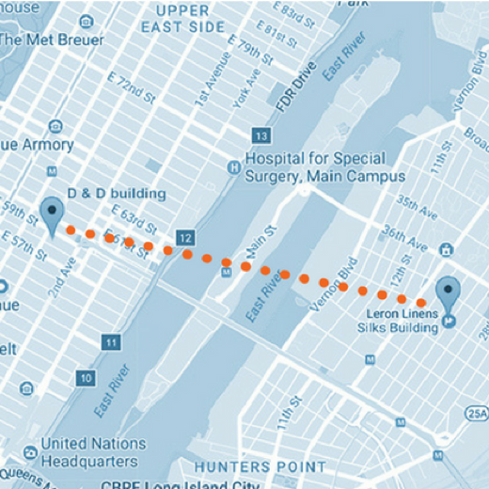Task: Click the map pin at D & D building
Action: [x=52, y=213]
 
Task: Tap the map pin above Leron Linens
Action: [x=450, y=292]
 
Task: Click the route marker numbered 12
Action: [x=186, y=237]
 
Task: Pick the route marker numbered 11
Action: [x=112, y=342]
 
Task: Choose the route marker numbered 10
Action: [x=86, y=378]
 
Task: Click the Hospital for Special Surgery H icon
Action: [x=232, y=167]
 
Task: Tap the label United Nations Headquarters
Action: [x=93, y=451]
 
